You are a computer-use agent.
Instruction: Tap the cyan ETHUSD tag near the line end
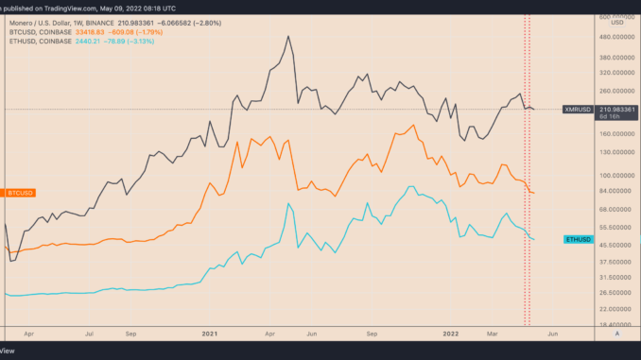[580, 240]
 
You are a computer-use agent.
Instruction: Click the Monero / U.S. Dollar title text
[47, 20]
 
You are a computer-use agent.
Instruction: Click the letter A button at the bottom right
[616, 334]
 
